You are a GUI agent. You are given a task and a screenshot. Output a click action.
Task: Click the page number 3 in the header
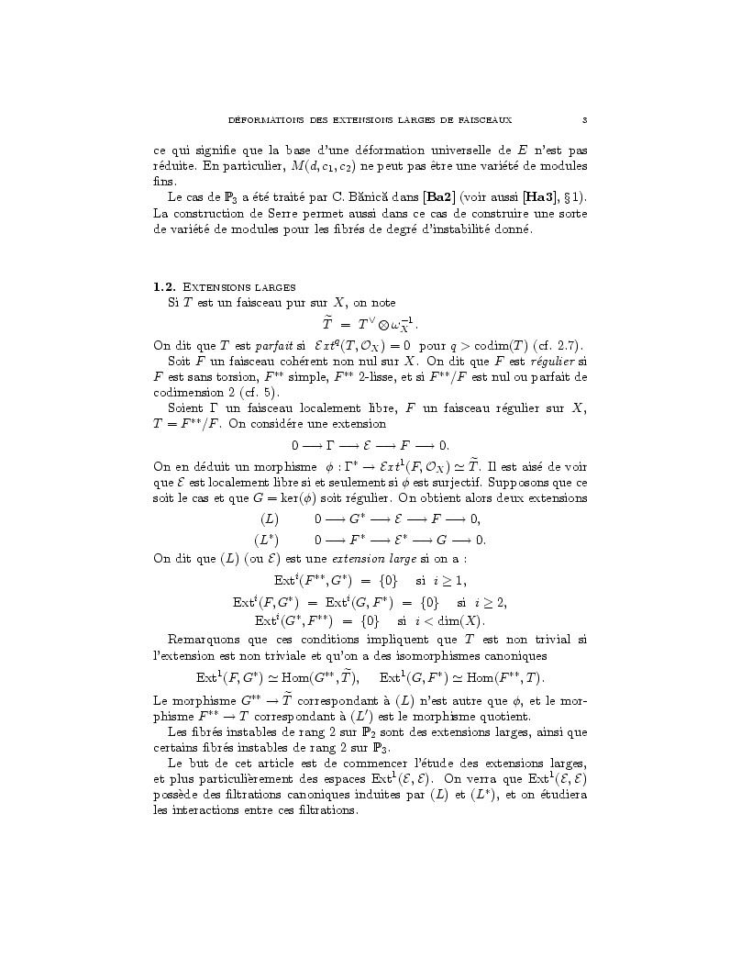click(584, 119)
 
